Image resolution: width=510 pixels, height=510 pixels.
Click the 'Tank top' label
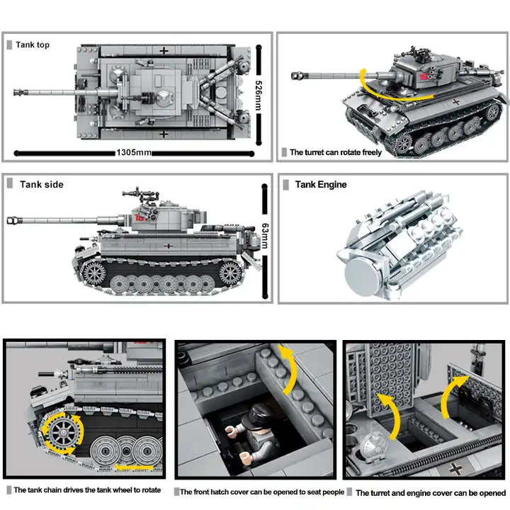pos(33,45)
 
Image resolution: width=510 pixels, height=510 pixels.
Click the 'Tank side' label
pos(41,184)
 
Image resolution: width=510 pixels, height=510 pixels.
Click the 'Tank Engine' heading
pos(321,184)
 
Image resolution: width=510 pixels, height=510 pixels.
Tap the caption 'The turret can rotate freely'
pos(336,152)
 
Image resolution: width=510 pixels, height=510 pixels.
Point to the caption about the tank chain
pos(87,490)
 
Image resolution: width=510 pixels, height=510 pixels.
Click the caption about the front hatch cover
pos(262,492)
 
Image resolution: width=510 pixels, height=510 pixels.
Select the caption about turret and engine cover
pos(431,492)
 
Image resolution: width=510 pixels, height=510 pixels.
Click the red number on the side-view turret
pos(136,218)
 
